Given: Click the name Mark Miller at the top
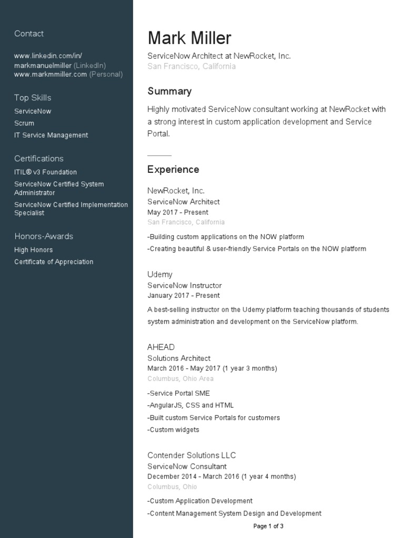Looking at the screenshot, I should point(189,38).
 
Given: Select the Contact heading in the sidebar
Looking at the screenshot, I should point(29,34).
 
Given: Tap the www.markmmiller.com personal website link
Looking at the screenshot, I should point(50,75).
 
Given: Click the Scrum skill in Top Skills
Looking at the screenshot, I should point(24,123).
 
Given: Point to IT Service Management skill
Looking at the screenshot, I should point(51,136).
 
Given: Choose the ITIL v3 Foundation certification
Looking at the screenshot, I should point(45,172).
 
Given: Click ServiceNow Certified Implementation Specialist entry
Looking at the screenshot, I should point(71,209).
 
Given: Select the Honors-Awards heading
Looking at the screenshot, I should point(44,236).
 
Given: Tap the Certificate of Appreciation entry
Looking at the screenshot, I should point(54,262).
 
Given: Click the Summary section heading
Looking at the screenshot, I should point(169,91).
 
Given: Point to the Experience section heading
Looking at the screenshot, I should point(173,170).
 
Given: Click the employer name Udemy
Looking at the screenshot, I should point(160,275).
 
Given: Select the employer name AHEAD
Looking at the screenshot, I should point(161,347).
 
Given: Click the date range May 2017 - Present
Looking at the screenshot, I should point(178,213).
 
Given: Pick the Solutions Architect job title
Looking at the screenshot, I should point(179,358).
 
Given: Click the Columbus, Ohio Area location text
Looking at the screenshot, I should point(180,379).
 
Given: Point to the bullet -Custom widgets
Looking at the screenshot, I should point(173,430).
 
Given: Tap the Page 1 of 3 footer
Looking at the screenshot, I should point(268,526).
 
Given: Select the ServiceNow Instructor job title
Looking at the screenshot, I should point(185,286).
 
